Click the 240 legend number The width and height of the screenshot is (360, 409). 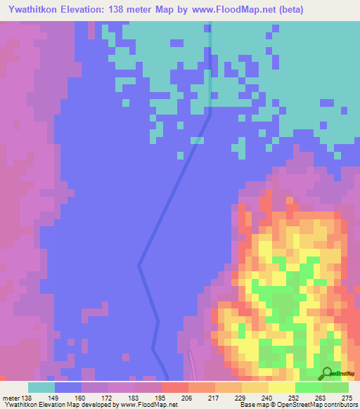click(x=265, y=398)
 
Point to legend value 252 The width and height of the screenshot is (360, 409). click(x=292, y=398)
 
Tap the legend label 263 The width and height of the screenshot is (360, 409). click(x=319, y=398)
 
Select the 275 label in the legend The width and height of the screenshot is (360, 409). click(x=345, y=398)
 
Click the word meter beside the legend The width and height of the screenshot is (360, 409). click(x=12, y=398)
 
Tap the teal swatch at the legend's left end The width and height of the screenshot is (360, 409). click(x=41, y=387)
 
